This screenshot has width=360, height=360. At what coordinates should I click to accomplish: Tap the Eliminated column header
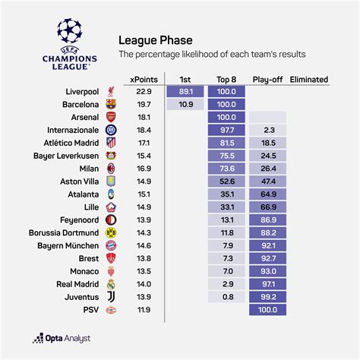tap(309, 79)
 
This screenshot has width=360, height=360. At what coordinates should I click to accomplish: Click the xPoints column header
tap(144, 79)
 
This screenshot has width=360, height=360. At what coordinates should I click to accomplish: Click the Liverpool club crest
tap(111, 91)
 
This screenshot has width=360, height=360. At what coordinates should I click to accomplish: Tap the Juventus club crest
tap(111, 297)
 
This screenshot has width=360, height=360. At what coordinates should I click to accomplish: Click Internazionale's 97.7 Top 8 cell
tap(226, 130)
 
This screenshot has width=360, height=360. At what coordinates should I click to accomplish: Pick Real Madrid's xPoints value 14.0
tap(144, 284)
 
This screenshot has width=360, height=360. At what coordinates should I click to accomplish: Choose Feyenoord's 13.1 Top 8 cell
tap(226, 220)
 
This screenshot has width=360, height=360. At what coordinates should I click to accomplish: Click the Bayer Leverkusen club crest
tap(111, 156)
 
